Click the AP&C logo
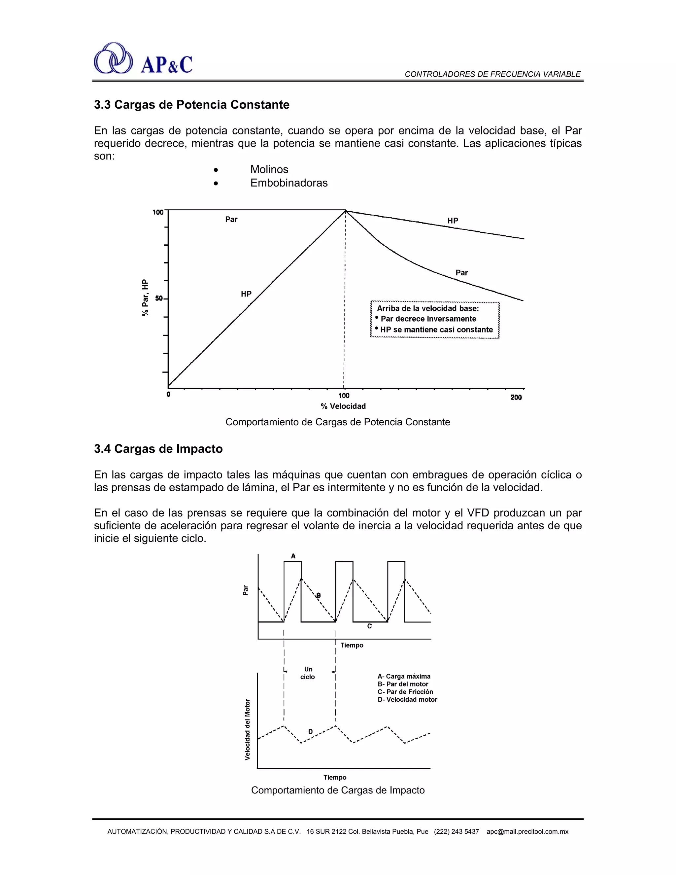click(x=143, y=59)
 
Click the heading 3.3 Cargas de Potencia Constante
click(x=191, y=105)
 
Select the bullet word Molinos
click(x=269, y=169)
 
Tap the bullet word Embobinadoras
click(x=289, y=183)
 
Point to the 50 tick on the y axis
click(x=159, y=298)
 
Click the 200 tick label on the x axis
click(x=516, y=398)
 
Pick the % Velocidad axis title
click(x=343, y=406)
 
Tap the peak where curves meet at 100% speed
click(x=346, y=211)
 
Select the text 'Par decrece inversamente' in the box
click(x=428, y=319)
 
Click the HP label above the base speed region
click(x=453, y=221)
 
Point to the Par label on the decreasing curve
click(x=461, y=273)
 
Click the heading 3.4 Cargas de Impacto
click(x=158, y=449)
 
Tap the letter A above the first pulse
click(x=293, y=556)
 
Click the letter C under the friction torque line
click(x=369, y=626)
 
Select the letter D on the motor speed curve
click(x=310, y=732)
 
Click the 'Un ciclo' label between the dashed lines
click(x=308, y=673)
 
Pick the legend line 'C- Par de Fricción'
click(x=405, y=692)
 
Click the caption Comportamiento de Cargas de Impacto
click(x=338, y=790)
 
